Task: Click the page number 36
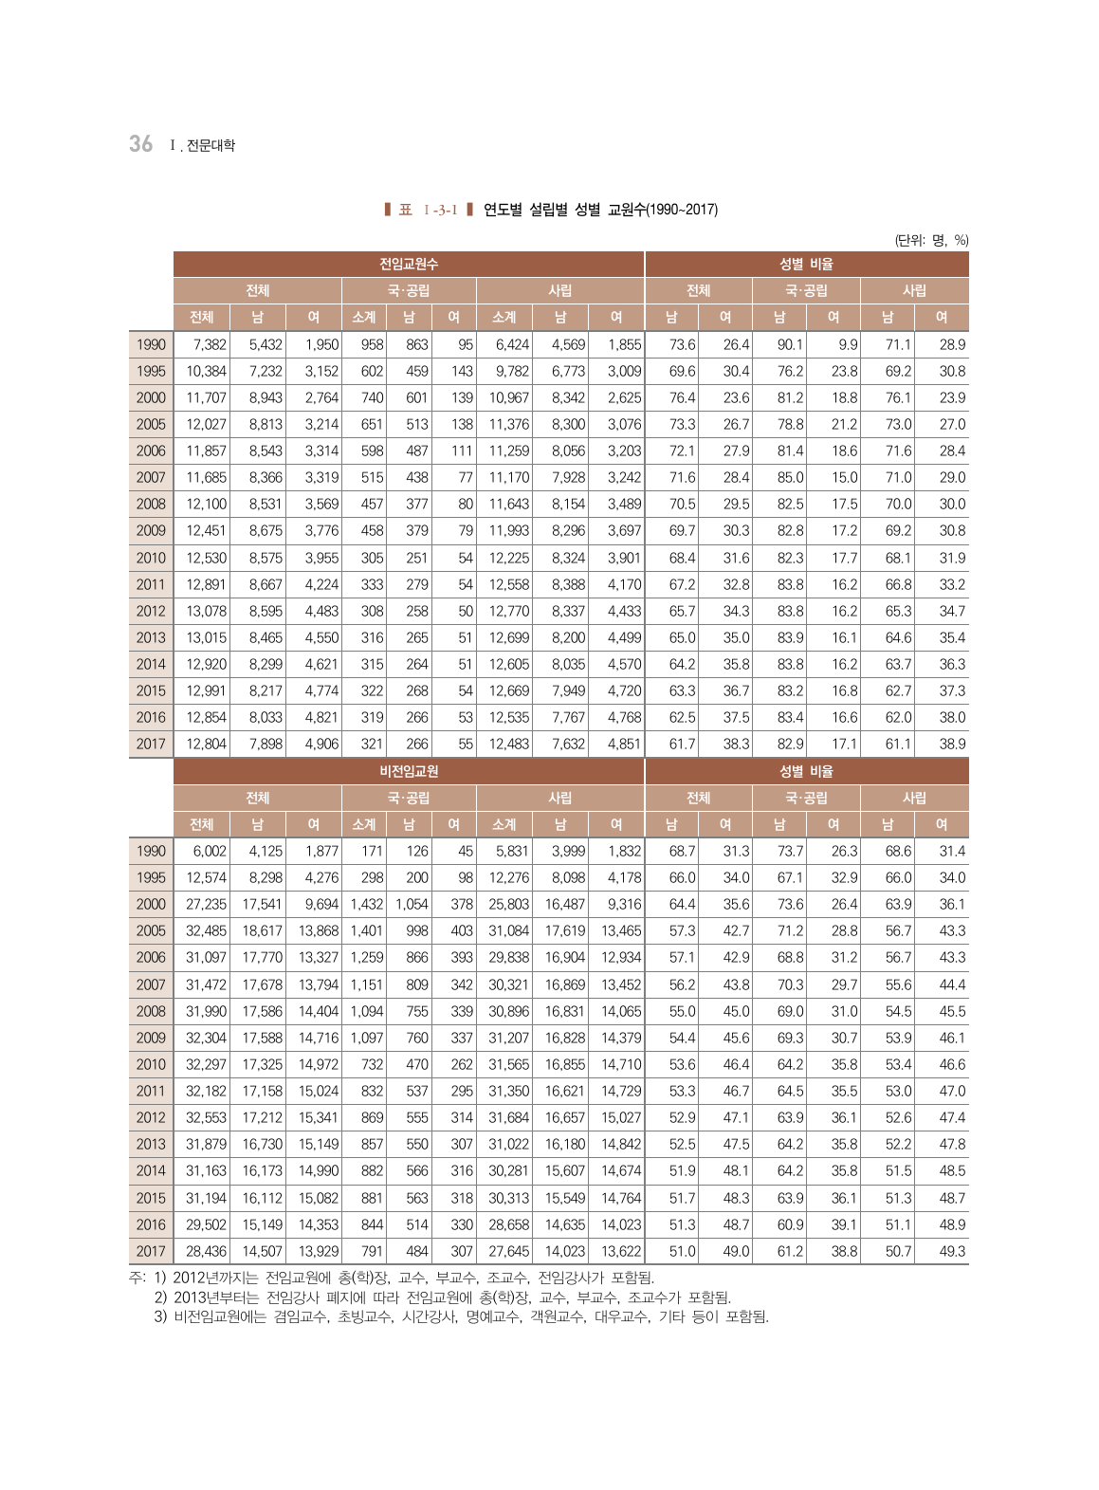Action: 140,143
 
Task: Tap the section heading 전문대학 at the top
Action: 210,145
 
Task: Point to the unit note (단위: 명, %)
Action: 931,240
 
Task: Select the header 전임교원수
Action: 409,264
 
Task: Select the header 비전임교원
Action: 409,771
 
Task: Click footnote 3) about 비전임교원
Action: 462,1316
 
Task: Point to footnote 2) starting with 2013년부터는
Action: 443,1297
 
